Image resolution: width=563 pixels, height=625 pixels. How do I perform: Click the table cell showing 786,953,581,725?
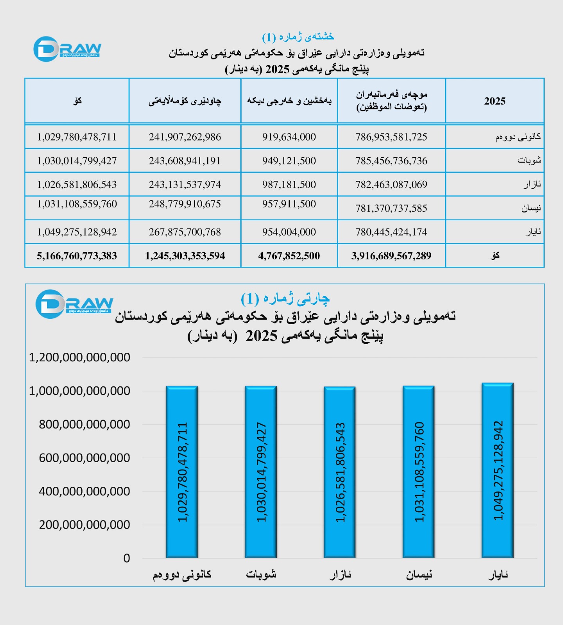click(391, 137)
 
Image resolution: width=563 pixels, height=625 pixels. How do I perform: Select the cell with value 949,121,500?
click(289, 161)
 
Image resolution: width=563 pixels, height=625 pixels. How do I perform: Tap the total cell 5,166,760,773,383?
click(77, 256)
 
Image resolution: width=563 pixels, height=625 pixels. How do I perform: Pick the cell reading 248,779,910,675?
click(185, 204)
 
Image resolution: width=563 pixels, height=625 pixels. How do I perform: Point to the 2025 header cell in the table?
click(495, 101)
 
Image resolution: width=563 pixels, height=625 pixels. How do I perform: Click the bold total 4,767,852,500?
click(289, 256)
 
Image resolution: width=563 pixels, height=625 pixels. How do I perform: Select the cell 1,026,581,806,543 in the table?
click(77, 185)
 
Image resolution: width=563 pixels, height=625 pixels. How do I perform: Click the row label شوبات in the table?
click(529, 161)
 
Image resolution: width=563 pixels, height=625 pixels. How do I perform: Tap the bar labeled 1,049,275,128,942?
click(497, 470)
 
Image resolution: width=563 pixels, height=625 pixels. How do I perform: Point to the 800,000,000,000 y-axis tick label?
click(84, 425)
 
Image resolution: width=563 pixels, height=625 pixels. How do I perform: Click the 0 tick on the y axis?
click(126, 558)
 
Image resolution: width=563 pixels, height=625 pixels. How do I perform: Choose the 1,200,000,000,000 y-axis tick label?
click(79, 357)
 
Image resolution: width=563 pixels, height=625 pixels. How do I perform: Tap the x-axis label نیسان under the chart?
click(419, 575)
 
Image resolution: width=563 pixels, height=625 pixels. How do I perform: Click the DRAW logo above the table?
click(67, 49)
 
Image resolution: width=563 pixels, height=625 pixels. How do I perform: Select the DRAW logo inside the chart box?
click(74, 304)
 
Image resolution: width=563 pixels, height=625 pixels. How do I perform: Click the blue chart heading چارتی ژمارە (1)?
click(285, 299)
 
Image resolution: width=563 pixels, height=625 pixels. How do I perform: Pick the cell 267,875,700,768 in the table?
click(185, 232)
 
